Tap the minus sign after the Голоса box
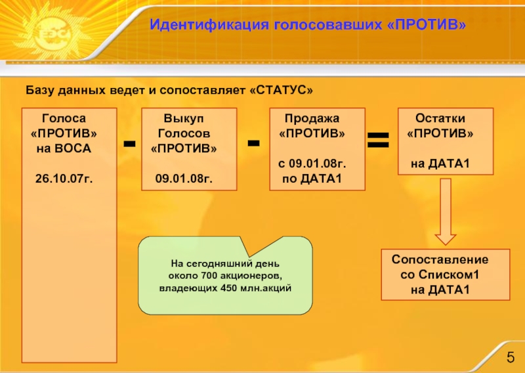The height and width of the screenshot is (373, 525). point(129,144)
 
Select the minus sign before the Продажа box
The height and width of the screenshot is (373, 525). point(253,143)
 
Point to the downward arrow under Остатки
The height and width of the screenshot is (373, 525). point(446,209)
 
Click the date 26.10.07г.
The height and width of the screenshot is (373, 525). point(64,179)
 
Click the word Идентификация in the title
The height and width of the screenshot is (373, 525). point(201,25)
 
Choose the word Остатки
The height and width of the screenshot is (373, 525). point(440,119)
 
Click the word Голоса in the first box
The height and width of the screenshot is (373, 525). point(64,119)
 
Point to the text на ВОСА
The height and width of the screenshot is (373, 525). point(64,148)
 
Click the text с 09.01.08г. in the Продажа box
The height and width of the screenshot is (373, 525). point(312,163)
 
